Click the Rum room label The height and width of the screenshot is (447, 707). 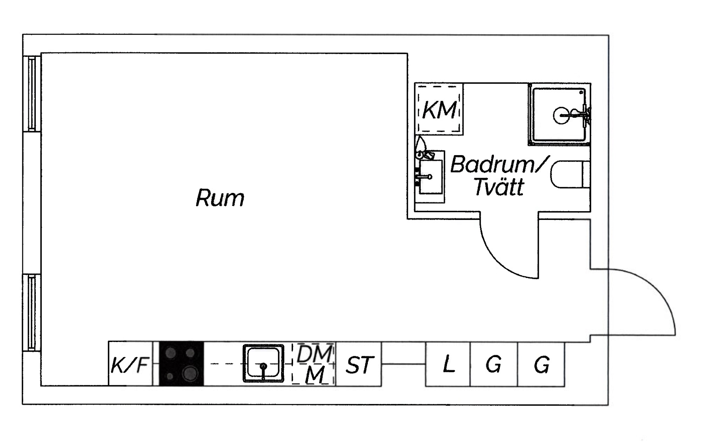[x=220, y=198]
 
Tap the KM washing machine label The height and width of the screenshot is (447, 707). [x=439, y=110]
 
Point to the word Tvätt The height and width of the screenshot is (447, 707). [x=499, y=187]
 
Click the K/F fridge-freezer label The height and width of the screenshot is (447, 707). [x=130, y=365]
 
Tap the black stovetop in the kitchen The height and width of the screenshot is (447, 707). [x=181, y=363]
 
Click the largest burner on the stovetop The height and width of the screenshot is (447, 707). [x=190, y=373]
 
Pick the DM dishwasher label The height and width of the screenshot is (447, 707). [x=314, y=354]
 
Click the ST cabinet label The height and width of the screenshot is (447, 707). [x=359, y=365]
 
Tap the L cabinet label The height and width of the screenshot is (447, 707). [x=449, y=364]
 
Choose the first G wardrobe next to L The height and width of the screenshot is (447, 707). [x=493, y=364]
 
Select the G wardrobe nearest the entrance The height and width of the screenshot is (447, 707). [x=542, y=364]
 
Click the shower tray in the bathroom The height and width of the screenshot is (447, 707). [x=559, y=115]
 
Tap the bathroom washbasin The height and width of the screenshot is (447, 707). [x=430, y=177]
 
